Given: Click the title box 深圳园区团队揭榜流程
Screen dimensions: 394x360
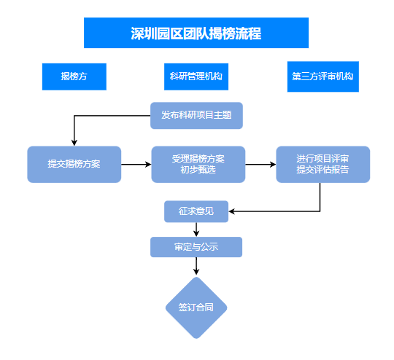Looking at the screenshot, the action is point(196,33).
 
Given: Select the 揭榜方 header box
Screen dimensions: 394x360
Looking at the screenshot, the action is point(74,77).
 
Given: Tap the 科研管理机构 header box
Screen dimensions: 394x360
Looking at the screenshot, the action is point(196,77).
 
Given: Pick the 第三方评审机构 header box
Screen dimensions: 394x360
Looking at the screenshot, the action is point(323,77).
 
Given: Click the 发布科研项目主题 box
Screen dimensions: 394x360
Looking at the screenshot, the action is point(196,115).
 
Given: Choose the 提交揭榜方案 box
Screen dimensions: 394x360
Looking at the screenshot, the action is point(74,165).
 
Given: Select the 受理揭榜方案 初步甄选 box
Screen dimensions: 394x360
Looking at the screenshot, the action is point(198,165).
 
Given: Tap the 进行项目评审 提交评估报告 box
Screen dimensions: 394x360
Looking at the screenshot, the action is point(323,165).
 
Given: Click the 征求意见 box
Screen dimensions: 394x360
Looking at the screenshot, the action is point(196,211).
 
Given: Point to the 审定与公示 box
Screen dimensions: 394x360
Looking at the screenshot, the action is point(196,247).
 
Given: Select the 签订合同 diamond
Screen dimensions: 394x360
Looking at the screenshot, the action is point(196,308).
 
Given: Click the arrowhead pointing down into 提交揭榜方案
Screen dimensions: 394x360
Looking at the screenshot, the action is point(74,143).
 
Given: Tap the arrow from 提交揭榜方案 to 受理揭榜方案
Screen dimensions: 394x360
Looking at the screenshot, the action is point(136,165).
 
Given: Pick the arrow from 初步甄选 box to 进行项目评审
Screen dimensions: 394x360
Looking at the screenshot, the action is point(260,165).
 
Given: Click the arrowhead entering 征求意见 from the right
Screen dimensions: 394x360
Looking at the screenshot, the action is point(232,211).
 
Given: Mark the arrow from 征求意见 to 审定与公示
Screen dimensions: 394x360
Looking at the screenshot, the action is point(196,230).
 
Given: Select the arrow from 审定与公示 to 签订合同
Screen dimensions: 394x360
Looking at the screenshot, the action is point(196,266).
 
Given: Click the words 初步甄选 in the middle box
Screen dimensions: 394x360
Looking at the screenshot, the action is point(198,170).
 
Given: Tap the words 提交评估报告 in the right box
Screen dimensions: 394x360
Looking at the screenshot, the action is point(322,170).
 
